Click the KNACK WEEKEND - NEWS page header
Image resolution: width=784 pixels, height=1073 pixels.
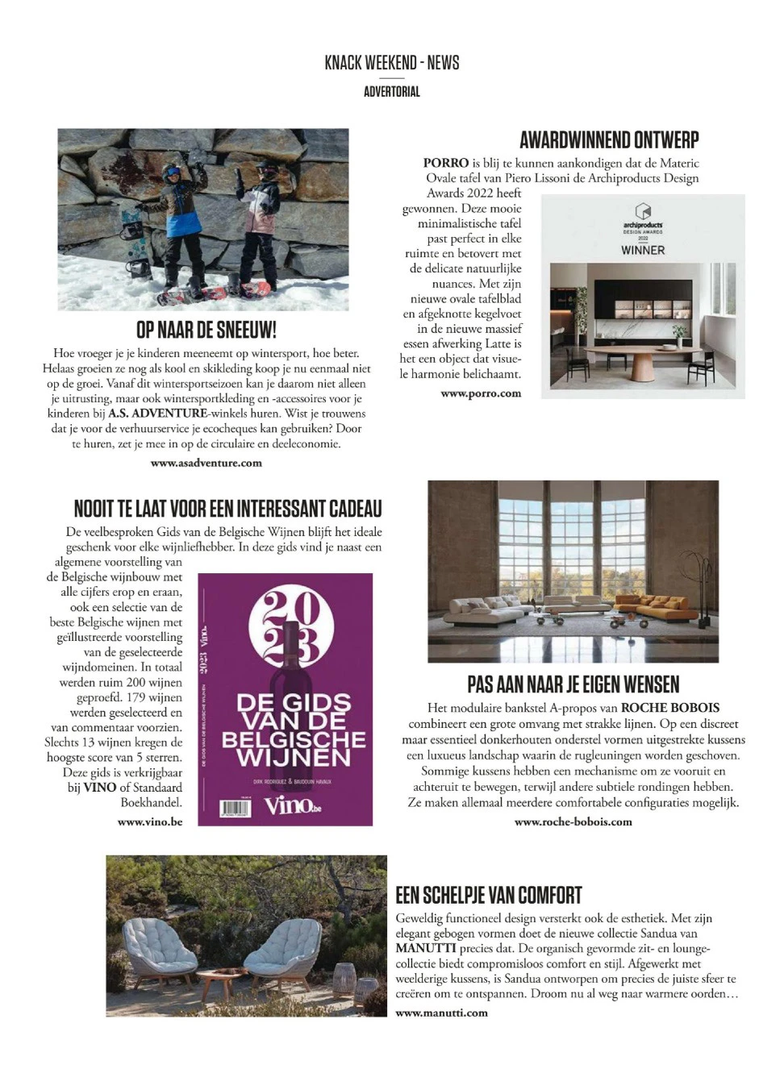pos(392,63)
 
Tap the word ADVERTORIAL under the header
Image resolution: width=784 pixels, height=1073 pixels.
pos(392,92)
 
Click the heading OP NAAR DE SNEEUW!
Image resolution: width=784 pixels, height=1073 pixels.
pos(206,330)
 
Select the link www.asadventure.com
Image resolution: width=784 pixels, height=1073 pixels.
pos(206,463)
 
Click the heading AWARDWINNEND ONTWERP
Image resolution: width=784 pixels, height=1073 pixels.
pos(609,140)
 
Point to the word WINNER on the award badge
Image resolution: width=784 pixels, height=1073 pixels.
pos(643,250)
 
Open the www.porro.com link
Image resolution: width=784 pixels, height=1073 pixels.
pos(481,393)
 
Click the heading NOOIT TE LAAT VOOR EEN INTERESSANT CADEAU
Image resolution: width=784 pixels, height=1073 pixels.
pos(227,509)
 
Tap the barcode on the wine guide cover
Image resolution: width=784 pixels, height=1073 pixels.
pos(236,809)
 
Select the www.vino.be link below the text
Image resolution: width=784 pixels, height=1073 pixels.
pos(150,821)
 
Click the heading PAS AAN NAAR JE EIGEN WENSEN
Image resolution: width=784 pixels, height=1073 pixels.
pos(573,684)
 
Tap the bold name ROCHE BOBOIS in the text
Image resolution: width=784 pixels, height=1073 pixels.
pos(670,708)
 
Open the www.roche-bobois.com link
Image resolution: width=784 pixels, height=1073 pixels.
pos(573,821)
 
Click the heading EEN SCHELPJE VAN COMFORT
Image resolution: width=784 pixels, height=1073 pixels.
pos(489,895)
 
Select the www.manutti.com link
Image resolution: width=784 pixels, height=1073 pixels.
pos(442,1013)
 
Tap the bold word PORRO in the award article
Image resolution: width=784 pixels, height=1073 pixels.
pos(446,163)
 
